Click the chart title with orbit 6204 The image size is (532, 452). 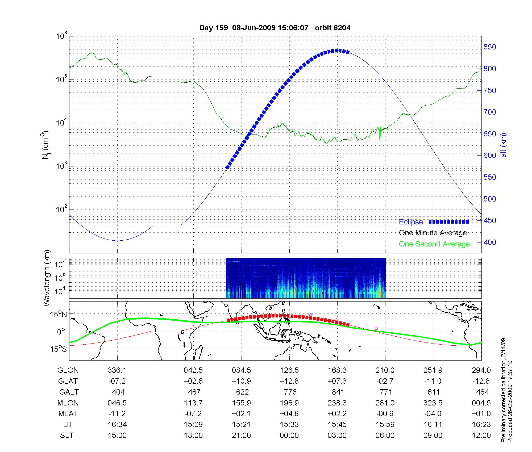coord(275,28)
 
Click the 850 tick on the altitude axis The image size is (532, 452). coord(490,47)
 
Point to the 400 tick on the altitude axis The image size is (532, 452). coord(490,242)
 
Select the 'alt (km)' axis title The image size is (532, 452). coord(504,145)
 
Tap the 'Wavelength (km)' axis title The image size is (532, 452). coord(47,278)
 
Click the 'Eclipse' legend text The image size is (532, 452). coord(411,222)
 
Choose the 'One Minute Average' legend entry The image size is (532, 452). coord(433,233)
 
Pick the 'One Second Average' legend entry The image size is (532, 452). coord(434,244)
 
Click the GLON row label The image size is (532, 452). coord(68,370)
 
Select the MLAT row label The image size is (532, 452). coord(68,414)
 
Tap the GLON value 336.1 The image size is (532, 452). coord(117,370)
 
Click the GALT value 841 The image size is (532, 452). coord(338,392)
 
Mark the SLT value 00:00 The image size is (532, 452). coord(289,436)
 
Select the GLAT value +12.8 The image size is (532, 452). coord(289,381)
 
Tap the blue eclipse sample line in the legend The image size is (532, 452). coord(448,222)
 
